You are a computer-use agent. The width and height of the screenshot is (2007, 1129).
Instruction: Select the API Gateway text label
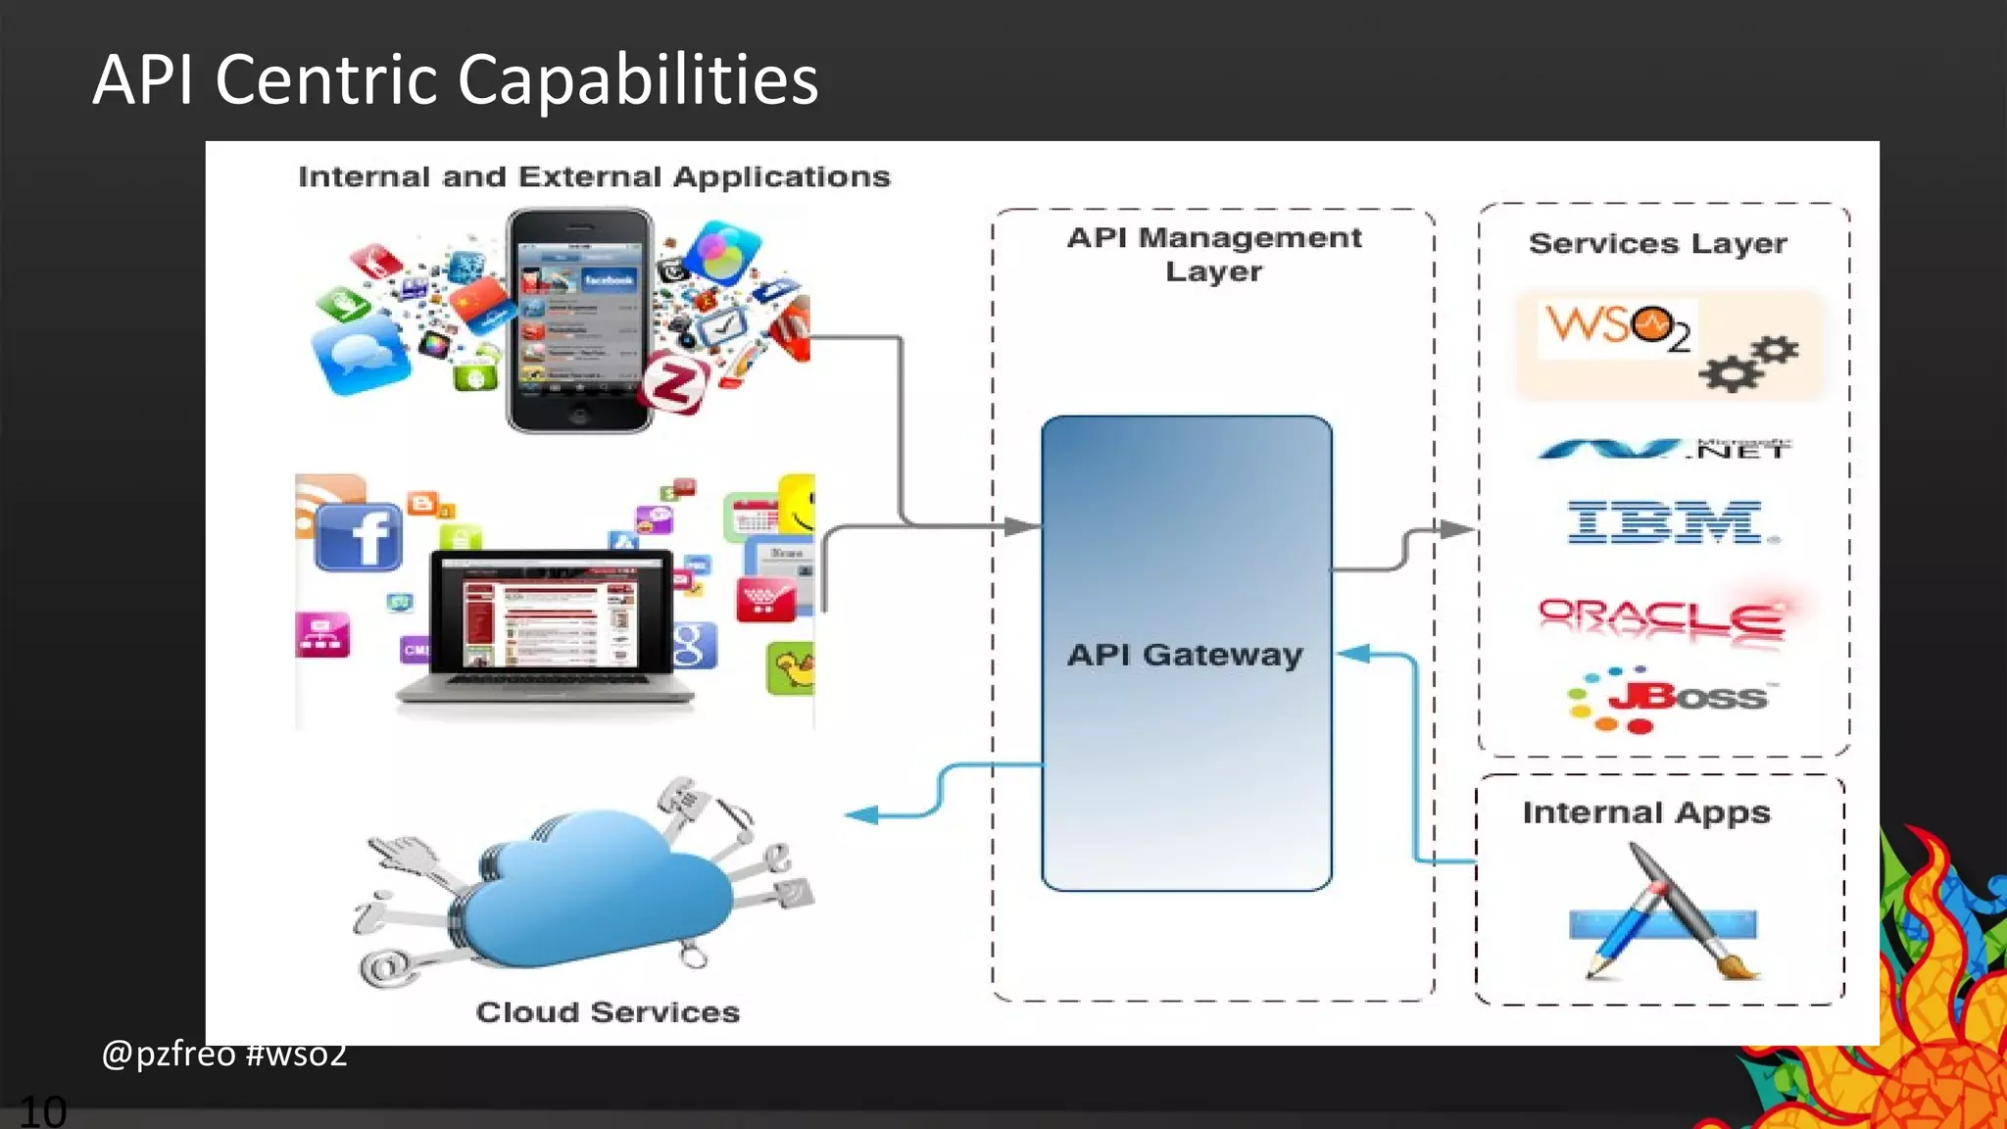click(1185, 655)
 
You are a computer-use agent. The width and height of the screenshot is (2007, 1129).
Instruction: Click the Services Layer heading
click(1658, 243)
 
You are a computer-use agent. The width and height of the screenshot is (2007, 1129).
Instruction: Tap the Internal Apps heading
click(1646, 812)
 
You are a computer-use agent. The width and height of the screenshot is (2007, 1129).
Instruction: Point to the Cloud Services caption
click(608, 1012)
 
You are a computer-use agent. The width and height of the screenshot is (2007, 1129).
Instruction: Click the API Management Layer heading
click(1214, 254)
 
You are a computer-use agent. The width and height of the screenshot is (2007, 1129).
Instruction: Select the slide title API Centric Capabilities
click(456, 79)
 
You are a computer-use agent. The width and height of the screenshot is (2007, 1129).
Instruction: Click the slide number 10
click(42, 1111)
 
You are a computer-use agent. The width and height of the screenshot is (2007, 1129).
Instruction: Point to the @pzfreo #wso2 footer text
click(224, 1054)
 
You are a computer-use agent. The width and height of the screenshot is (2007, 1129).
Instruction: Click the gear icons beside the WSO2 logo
click(1749, 364)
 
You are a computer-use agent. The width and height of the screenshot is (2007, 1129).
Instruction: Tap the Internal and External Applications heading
click(594, 177)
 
